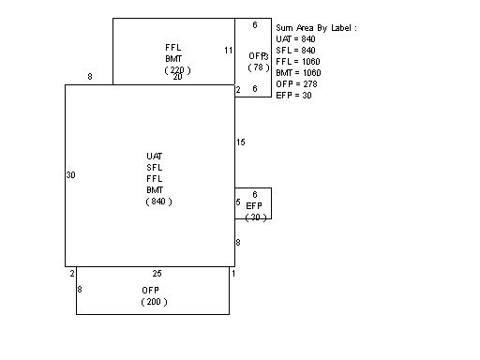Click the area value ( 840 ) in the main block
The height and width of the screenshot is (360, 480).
tap(158, 202)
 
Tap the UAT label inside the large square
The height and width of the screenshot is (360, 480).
tap(156, 156)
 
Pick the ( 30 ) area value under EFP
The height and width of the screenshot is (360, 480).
tap(255, 217)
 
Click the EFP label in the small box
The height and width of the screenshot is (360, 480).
tap(254, 205)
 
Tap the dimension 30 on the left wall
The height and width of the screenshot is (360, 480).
tap(70, 175)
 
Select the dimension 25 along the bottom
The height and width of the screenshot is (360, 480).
tap(157, 274)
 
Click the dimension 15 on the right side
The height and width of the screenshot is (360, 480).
tap(241, 142)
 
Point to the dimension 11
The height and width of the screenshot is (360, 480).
tap(228, 50)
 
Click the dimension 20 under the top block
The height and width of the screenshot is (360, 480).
tap(177, 77)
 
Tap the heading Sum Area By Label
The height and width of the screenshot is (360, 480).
tap(317, 28)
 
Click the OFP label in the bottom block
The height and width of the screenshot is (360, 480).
tap(151, 291)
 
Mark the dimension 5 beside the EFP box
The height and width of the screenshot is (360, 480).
tap(238, 202)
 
